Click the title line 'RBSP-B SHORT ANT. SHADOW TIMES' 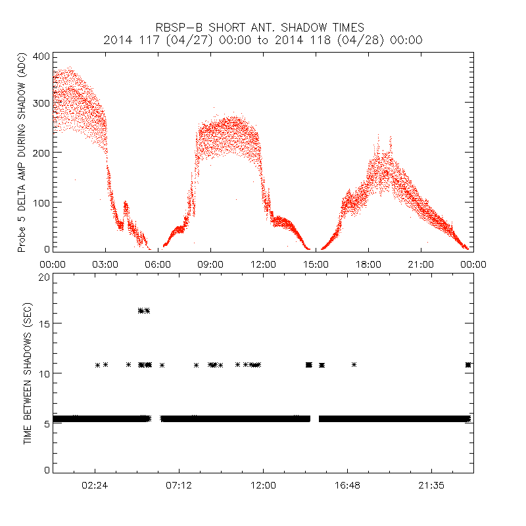click(x=263, y=28)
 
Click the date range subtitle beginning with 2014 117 click(x=263, y=40)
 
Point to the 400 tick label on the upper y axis click(x=41, y=57)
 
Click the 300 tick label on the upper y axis click(x=41, y=104)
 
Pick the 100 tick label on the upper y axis click(x=41, y=201)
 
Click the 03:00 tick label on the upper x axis click(x=105, y=264)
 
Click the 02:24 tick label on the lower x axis click(x=95, y=485)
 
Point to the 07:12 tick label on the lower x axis click(x=179, y=485)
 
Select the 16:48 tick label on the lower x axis click(x=347, y=485)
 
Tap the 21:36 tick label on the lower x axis click(x=431, y=485)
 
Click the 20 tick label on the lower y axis click(x=44, y=277)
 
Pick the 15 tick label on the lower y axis click(x=44, y=324)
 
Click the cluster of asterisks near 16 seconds click(x=144, y=310)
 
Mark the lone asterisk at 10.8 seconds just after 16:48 click(x=354, y=364)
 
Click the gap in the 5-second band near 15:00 click(x=314, y=419)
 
